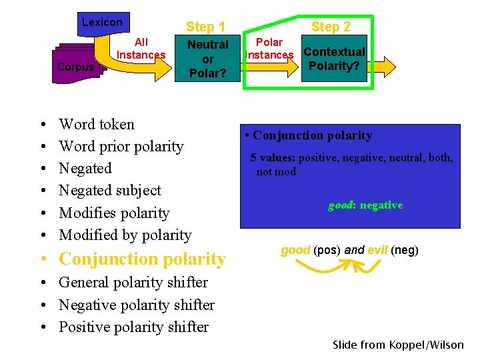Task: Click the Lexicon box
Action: coord(102,23)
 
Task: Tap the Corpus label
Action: coord(76,67)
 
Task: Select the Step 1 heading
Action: coord(205,27)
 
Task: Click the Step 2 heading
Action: coord(331,27)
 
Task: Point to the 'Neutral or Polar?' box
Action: coord(208,59)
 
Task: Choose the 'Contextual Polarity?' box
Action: coord(334,59)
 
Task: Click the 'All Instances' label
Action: coord(141,49)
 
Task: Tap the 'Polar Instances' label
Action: coord(269,49)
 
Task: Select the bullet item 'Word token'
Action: coord(97,124)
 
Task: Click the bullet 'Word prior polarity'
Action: coord(121,146)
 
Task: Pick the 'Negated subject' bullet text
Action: coord(110,190)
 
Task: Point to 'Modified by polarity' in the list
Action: coord(125,235)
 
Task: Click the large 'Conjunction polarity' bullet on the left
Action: coord(143,259)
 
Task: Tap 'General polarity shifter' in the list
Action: coord(133,282)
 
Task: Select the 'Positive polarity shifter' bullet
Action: coord(133,327)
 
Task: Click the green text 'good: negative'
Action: coord(365,205)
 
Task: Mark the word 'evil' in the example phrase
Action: coord(377,250)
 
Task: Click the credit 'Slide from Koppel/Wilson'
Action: coord(398,345)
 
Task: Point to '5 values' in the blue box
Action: coord(273,158)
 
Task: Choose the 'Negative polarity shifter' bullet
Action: coord(137,305)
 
